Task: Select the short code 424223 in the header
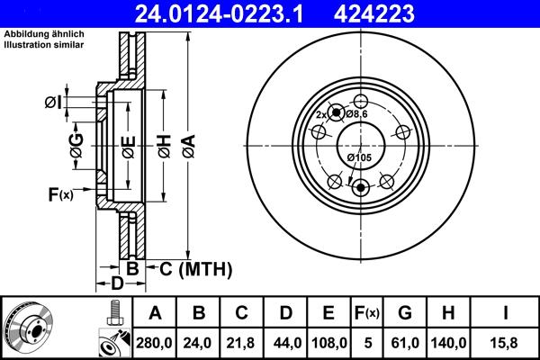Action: click(400, 13)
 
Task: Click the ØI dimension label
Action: click(53, 103)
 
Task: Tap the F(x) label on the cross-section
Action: click(60, 193)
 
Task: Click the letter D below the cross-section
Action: click(115, 284)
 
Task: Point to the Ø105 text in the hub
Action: click(359, 158)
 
